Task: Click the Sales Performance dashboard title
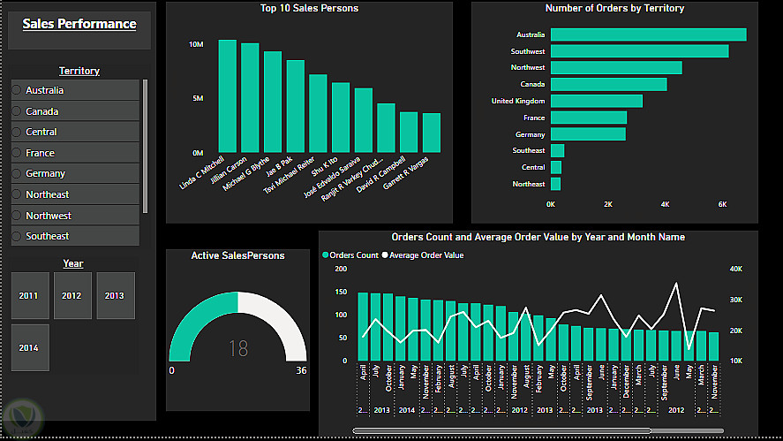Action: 79,25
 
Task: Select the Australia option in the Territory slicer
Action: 44,90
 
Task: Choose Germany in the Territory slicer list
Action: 46,174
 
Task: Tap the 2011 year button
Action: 29,295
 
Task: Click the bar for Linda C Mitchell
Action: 227,96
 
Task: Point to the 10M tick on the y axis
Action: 198,43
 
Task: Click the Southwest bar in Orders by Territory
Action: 639,51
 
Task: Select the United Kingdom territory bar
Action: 597,101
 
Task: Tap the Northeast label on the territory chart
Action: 529,184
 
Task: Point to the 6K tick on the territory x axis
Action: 722,204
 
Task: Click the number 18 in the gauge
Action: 238,349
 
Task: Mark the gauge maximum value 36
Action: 301,371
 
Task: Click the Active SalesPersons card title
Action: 238,255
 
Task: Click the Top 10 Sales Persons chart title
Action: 309,9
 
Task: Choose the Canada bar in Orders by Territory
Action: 608,85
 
